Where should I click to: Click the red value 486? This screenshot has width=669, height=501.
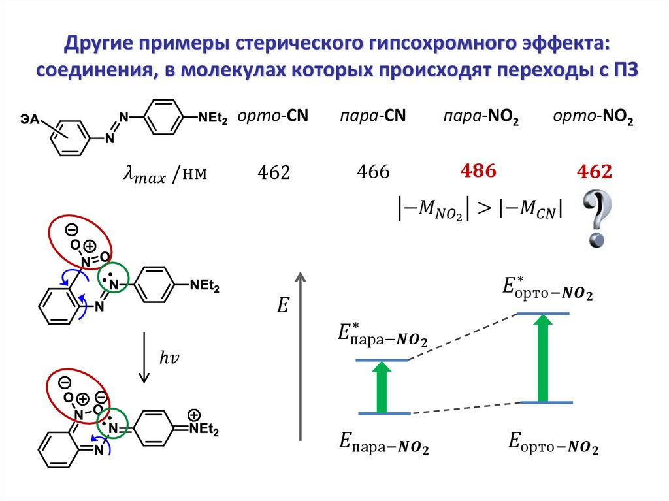[x=479, y=172]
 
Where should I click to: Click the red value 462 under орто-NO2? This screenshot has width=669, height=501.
[x=594, y=172]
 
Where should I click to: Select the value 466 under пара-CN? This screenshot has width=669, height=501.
[x=373, y=172]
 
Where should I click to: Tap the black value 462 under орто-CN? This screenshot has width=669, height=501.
[x=273, y=173]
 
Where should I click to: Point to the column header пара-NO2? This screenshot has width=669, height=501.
[x=480, y=117]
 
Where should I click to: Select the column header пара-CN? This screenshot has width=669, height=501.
[x=372, y=116]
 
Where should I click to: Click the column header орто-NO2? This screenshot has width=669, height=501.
[x=593, y=117]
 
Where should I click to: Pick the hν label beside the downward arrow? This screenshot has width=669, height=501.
[x=169, y=357]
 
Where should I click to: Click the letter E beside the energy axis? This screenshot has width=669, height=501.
[x=282, y=306]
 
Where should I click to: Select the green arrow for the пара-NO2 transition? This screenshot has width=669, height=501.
[x=383, y=386]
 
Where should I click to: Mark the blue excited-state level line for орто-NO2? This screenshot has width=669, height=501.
[x=542, y=314]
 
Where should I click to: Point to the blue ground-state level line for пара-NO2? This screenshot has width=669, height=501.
[x=384, y=413]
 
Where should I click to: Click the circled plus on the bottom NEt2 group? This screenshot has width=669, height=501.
[x=193, y=415]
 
